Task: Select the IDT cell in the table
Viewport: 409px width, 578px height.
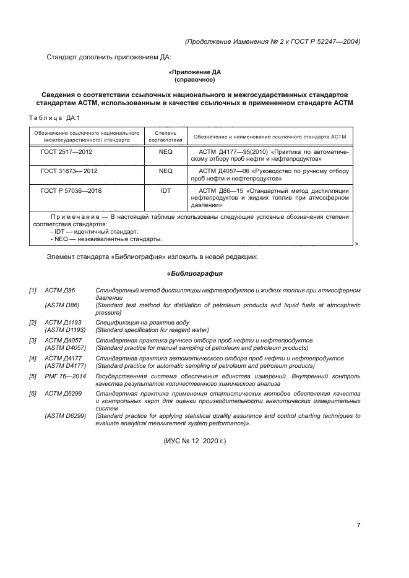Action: coord(165,191)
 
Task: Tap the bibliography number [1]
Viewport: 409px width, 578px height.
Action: coord(32,290)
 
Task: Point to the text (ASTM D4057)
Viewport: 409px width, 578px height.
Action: coord(66,348)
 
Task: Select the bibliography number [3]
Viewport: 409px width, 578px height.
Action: coord(32,341)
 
